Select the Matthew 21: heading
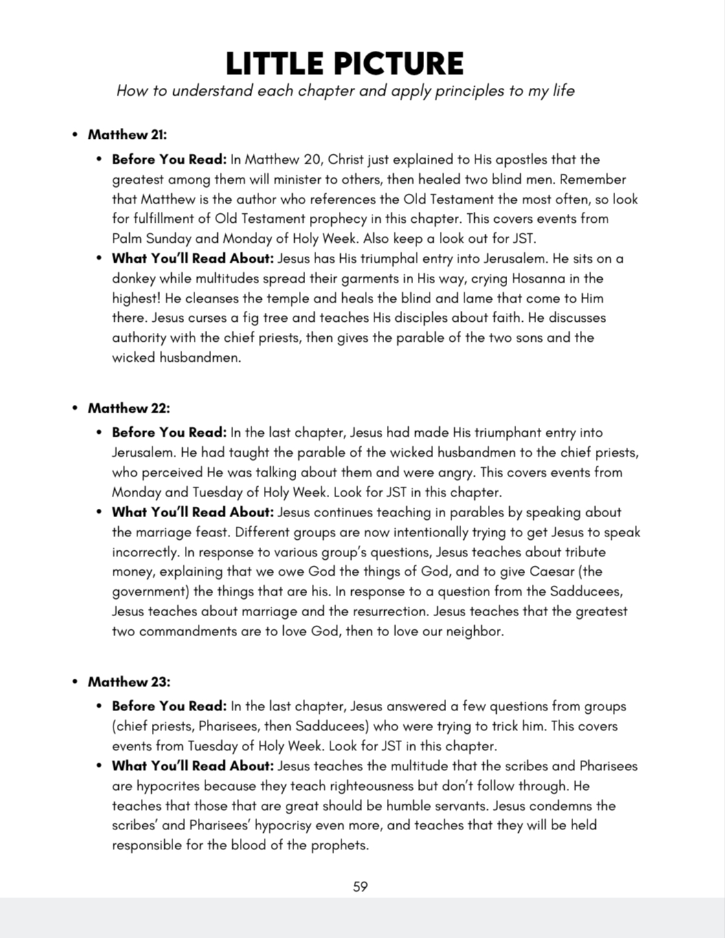pyautogui.click(x=127, y=135)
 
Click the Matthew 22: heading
pyautogui.click(x=129, y=408)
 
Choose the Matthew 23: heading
pyautogui.click(x=129, y=682)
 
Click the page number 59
pyautogui.click(x=360, y=887)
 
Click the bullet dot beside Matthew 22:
pyautogui.click(x=75, y=408)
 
